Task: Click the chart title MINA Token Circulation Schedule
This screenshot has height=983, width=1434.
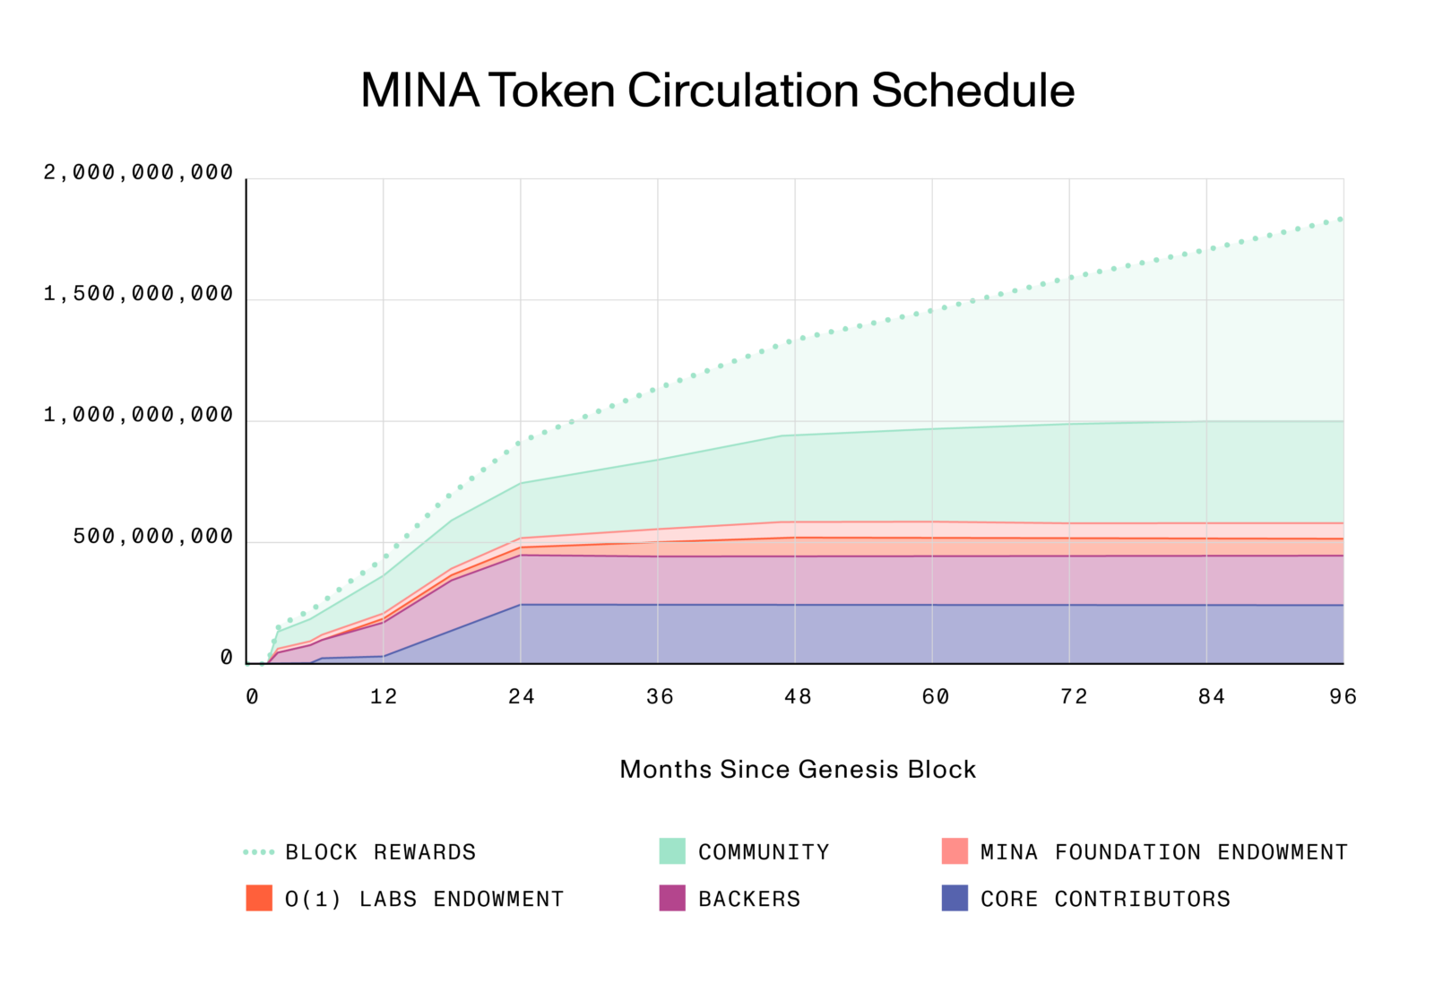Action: (717, 91)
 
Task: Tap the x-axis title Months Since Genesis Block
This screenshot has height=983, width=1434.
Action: (797, 770)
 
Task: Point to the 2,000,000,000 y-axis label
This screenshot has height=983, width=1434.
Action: (138, 172)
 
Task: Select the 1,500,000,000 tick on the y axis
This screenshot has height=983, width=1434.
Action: (138, 294)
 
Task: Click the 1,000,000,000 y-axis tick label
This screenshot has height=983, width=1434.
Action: (138, 415)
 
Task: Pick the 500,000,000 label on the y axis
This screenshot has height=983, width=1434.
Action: (152, 537)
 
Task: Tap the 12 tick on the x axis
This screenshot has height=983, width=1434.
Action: (384, 697)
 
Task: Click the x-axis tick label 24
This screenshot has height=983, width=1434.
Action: (521, 697)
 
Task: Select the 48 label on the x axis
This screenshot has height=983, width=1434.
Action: (797, 697)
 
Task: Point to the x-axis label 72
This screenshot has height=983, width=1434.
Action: (1073, 697)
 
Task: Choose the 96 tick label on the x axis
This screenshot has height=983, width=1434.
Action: (1343, 697)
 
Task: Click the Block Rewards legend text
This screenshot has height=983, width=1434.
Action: (380, 852)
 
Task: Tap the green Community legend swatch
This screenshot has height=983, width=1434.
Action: (671, 851)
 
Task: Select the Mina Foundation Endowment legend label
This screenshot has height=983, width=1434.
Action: (1163, 852)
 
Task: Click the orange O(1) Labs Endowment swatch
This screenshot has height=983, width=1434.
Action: (259, 898)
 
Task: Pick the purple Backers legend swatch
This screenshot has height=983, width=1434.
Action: (671, 898)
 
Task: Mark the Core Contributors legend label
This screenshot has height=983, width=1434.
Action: (1105, 899)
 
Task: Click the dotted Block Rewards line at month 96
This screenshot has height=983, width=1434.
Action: (1341, 218)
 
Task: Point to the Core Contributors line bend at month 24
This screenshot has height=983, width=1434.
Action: (521, 605)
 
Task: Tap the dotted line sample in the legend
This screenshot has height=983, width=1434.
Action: (258, 852)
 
